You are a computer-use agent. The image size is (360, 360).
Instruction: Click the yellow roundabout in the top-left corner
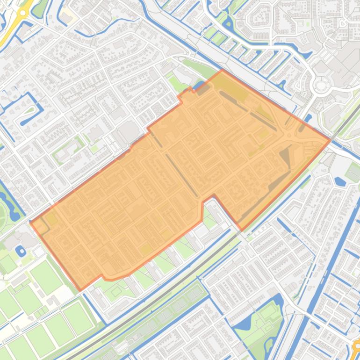21,14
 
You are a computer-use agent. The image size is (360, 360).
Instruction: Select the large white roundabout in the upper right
321,86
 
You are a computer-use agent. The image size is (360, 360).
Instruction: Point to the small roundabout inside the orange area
289,136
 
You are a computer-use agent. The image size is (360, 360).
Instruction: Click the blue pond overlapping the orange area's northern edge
201,86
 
